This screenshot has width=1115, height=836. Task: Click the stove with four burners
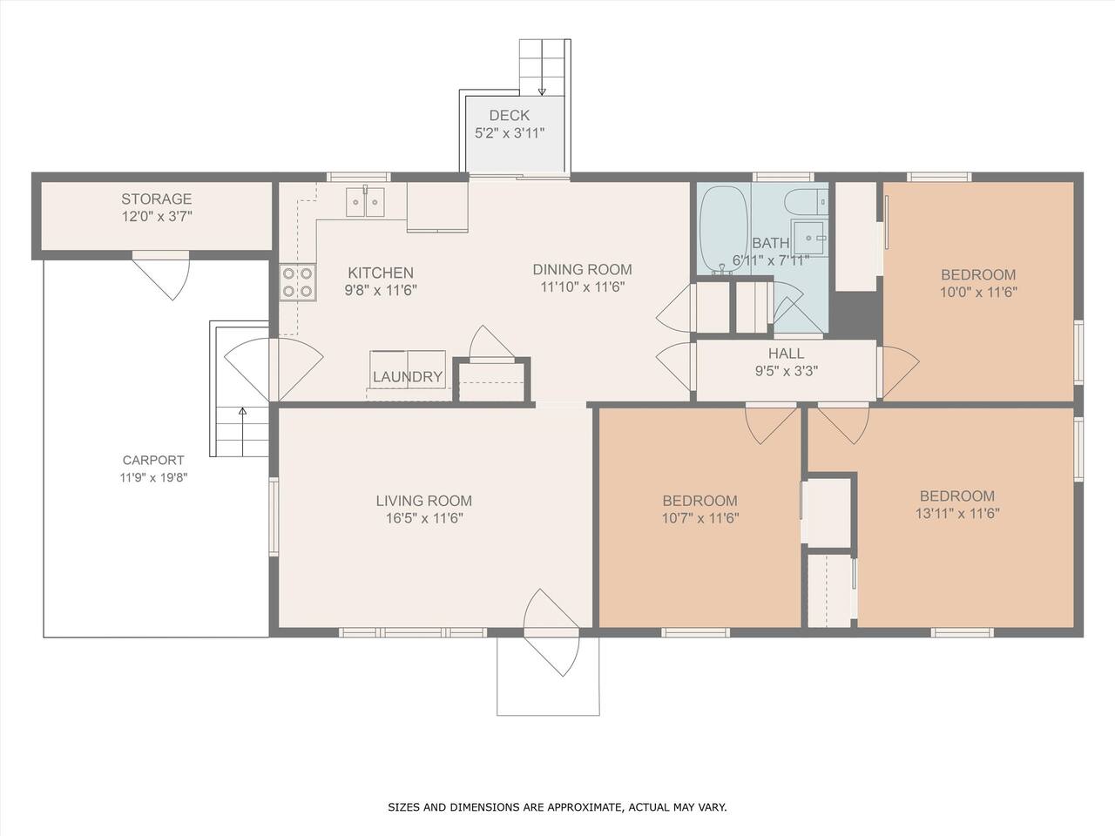298,282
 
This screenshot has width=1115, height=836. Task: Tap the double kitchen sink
365,201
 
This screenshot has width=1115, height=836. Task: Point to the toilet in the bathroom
807,201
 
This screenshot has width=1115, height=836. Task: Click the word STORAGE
157,199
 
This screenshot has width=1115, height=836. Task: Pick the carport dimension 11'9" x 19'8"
154,477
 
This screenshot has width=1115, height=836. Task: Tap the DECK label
509,115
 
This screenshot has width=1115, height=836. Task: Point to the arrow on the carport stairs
243,431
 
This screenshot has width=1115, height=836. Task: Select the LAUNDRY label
408,376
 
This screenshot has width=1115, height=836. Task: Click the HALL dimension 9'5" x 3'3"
787,371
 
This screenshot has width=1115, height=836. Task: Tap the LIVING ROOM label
424,501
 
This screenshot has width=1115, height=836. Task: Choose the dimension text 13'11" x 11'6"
957,514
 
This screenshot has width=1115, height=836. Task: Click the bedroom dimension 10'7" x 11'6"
700,518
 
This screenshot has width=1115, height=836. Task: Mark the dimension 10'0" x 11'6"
978,293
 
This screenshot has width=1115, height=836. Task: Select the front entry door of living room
551,633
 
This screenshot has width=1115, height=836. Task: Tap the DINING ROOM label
582,270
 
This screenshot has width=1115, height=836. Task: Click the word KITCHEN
381,273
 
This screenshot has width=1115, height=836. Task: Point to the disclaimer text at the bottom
557,807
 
